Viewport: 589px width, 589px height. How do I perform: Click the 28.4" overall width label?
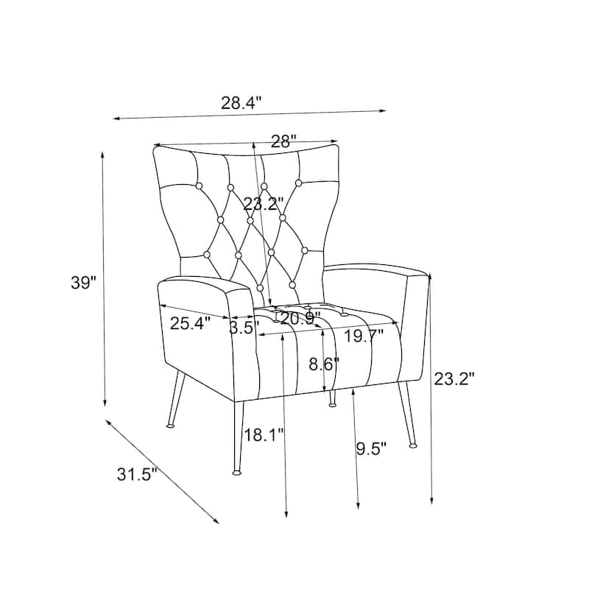(x=241, y=102)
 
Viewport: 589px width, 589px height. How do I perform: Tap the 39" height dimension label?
(x=84, y=283)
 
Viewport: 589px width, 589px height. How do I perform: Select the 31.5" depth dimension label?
(x=137, y=474)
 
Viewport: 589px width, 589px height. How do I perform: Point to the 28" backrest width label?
(x=283, y=141)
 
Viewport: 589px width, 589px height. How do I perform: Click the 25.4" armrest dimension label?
(x=190, y=323)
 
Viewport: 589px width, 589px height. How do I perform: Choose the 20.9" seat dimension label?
(x=300, y=319)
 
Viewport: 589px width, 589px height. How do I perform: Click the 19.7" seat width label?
(x=364, y=336)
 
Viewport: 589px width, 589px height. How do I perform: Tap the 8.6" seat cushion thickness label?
(x=324, y=364)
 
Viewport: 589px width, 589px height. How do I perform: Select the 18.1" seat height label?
(x=264, y=435)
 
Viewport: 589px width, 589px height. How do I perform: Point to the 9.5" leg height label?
(x=371, y=448)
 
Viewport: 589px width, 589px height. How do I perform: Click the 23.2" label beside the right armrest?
(x=454, y=379)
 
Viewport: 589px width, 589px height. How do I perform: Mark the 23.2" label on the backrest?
(x=263, y=204)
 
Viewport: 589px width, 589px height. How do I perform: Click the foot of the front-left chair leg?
(x=236, y=472)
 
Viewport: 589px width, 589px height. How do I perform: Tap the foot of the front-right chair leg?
(x=413, y=446)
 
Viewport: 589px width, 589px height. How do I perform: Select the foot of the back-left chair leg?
(x=171, y=426)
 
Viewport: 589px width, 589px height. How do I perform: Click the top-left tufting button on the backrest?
(x=199, y=186)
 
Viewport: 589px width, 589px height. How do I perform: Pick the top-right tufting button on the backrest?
(x=299, y=183)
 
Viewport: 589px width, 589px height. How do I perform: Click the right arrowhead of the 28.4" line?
(x=384, y=110)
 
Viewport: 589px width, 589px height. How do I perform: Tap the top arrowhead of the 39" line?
(x=102, y=154)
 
